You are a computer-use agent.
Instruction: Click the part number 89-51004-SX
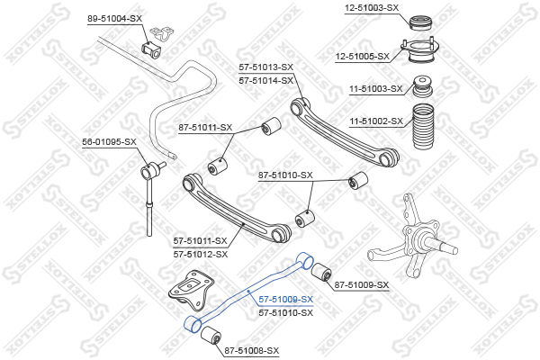(x=114, y=19)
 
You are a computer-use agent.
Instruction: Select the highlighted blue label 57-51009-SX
(x=286, y=300)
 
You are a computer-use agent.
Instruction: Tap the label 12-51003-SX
(x=372, y=7)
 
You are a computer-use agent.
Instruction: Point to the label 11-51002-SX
(x=376, y=121)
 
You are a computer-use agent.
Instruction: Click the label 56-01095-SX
(x=109, y=141)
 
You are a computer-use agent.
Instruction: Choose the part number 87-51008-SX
(x=252, y=351)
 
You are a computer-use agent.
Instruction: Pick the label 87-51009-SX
(x=362, y=285)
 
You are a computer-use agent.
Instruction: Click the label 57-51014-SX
(x=265, y=81)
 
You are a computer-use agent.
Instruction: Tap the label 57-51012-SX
(x=201, y=254)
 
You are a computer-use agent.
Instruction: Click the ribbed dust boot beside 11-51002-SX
(x=423, y=126)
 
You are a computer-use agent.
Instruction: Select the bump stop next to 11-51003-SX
(x=423, y=86)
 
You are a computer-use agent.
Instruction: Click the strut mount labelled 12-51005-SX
(x=419, y=50)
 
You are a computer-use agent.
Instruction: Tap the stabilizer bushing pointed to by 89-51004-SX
(x=151, y=49)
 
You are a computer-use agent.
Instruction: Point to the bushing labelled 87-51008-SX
(x=211, y=335)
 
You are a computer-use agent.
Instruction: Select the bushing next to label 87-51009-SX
(x=321, y=272)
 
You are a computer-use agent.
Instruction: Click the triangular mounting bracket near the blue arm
(x=192, y=290)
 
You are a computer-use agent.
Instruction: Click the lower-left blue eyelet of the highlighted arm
(x=193, y=325)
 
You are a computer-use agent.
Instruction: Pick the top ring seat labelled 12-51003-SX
(x=422, y=22)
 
